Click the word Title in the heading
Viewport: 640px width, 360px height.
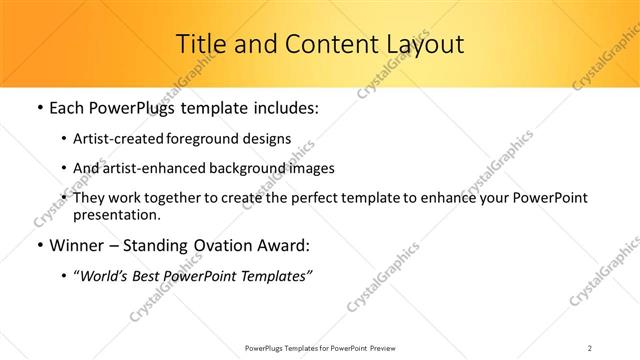point(200,44)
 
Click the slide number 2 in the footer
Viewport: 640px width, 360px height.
point(590,347)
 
